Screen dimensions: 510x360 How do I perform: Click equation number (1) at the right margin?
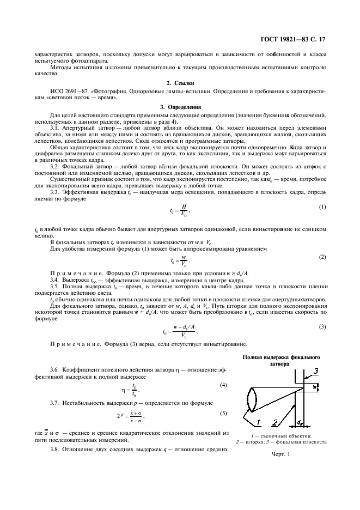pos(322,207)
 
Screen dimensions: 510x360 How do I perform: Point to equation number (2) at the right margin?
pos(322,257)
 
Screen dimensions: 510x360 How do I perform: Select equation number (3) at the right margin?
pos(322,327)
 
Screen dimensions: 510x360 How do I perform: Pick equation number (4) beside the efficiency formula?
pos(223,385)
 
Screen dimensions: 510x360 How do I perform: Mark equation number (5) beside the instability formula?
pos(223,413)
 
